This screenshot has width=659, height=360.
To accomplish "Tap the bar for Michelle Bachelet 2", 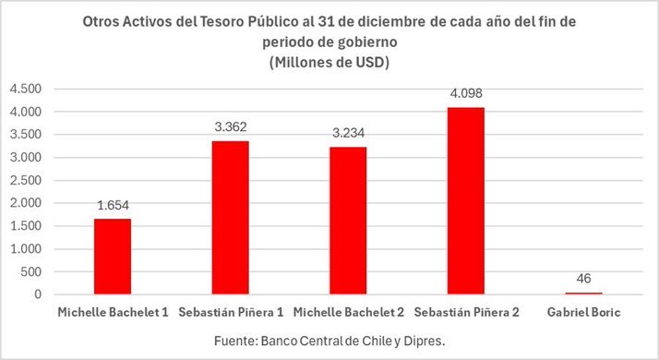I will [x=347, y=221].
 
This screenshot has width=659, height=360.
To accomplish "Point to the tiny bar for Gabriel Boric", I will [x=582, y=293].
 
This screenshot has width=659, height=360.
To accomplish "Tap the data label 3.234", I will [x=347, y=134].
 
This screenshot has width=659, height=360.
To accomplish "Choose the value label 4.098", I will [x=465, y=93].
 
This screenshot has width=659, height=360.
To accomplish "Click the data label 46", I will [x=582, y=278].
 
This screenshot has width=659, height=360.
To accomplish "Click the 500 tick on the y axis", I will [x=32, y=271].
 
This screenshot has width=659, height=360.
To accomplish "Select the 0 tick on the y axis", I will [x=39, y=294].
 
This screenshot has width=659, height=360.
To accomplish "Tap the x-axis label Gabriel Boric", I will [x=582, y=312].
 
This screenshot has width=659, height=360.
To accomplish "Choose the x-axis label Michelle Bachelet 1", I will [x=113, y=312].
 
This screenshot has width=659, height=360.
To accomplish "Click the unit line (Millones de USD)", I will [x=329, y=63].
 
